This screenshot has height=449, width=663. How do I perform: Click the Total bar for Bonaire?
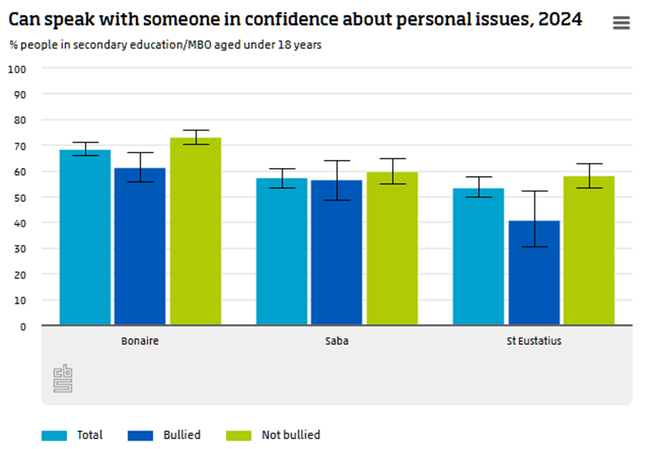click(85, 237)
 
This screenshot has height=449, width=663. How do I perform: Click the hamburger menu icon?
click(621, 23)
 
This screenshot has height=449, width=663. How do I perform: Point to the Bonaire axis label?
click(140, 341)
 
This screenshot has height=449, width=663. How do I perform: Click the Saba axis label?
click(336, 341)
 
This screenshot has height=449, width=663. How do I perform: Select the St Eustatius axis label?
click(534, 341)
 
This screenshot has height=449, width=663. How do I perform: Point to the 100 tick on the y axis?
click(18, 69)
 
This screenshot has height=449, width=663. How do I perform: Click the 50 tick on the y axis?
click(20, 197)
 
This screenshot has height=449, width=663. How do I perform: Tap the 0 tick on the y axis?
click(23, 325)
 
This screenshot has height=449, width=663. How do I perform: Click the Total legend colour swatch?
click(54, 435)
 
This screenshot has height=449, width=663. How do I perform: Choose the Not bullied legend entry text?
click(291, 435)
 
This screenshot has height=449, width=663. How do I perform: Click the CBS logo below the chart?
click(62, 379)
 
